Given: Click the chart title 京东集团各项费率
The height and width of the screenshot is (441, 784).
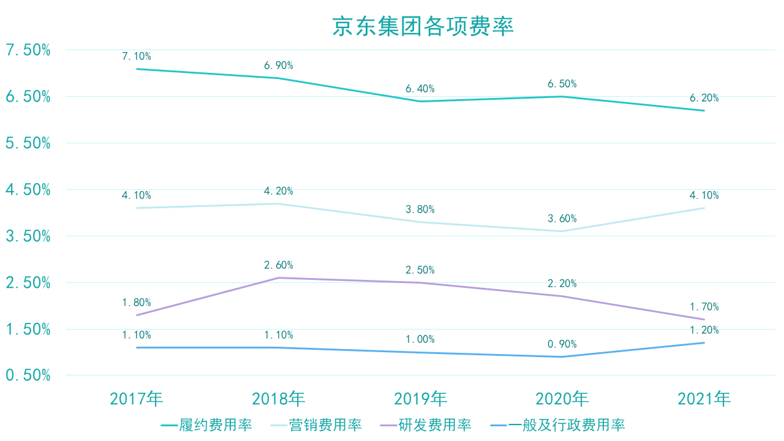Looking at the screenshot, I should (423, 27).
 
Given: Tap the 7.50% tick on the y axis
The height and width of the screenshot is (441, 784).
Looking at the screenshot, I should (28, 50).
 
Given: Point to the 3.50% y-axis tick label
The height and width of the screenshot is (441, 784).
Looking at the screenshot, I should (28, 236).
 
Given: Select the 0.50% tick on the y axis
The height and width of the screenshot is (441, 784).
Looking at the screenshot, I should (28, 375).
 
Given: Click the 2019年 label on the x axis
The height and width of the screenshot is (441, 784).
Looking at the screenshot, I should (420, 399).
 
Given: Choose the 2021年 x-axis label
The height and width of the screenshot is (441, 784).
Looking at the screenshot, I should (704, 399).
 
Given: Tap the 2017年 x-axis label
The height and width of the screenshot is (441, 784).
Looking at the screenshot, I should (137, 399).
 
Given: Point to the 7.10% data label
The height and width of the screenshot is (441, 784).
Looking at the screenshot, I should (137, 56).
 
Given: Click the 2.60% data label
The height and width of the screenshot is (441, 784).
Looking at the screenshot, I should (279, 265).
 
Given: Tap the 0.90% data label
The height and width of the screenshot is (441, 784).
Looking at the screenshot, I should (562, 344).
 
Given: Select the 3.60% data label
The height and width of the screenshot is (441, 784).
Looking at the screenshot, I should (562, 219).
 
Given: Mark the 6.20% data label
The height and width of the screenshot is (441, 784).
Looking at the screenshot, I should (704, 98).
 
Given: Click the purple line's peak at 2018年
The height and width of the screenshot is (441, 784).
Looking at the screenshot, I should (279, 278).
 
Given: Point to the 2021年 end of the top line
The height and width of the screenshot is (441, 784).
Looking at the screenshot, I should (704, 111).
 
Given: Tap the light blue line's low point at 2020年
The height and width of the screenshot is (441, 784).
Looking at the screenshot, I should (562, 232).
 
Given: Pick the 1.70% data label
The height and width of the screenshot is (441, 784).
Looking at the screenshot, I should (704, 307).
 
